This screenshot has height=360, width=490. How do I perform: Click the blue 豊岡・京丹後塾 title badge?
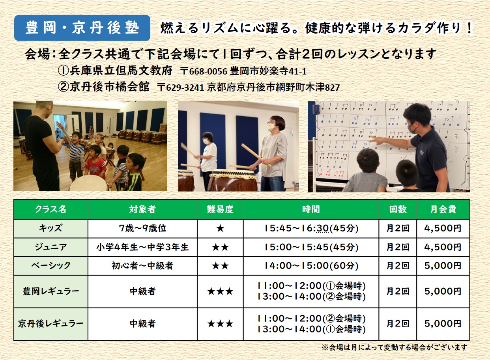coord(82,28)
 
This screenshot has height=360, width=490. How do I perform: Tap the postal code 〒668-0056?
coord(204,71)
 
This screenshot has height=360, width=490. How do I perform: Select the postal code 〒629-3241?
coord(181,88)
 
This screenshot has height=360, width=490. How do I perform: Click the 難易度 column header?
coord(220,209)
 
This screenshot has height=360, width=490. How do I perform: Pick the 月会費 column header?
coord(443,209)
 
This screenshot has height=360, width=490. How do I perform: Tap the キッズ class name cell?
coord(51,228)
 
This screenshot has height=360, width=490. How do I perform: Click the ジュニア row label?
coord(51,247)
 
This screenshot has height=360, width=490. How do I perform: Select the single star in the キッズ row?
coord(220,229)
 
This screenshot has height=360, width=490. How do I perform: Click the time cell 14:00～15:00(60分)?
coord(311,266)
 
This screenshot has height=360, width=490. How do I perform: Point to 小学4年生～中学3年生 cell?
coord(142,247)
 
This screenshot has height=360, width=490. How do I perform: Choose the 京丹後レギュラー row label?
coord(51,324)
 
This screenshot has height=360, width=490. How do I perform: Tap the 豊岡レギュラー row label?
coord(51,291)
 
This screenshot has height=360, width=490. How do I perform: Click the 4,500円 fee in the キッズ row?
coord(443,228)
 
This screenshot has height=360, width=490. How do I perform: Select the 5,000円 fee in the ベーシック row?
coord(443,266)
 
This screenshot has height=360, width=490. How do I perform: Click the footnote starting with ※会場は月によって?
coord(394,347)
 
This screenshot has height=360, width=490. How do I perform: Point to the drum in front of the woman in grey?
coord(233,180)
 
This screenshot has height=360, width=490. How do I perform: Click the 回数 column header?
coord(398,209)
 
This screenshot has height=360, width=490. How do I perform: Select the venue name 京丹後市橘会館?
coord(109,87)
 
